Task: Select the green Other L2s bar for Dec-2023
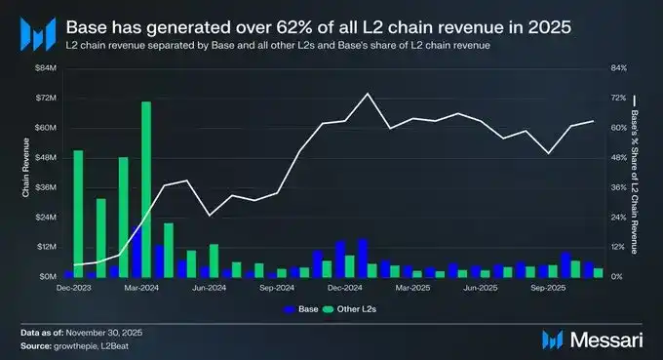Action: (78, 213)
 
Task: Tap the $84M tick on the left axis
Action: (45, 67)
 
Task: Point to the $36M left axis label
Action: (45, 187)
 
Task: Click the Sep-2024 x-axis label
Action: (278, 289)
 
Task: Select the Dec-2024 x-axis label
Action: (345, 289)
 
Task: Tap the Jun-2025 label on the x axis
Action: (481, 289)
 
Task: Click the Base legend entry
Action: (299, 310)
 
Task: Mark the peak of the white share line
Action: (367, 94)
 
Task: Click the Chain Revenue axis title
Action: (26, 172)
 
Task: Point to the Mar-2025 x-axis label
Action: (413, 289)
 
